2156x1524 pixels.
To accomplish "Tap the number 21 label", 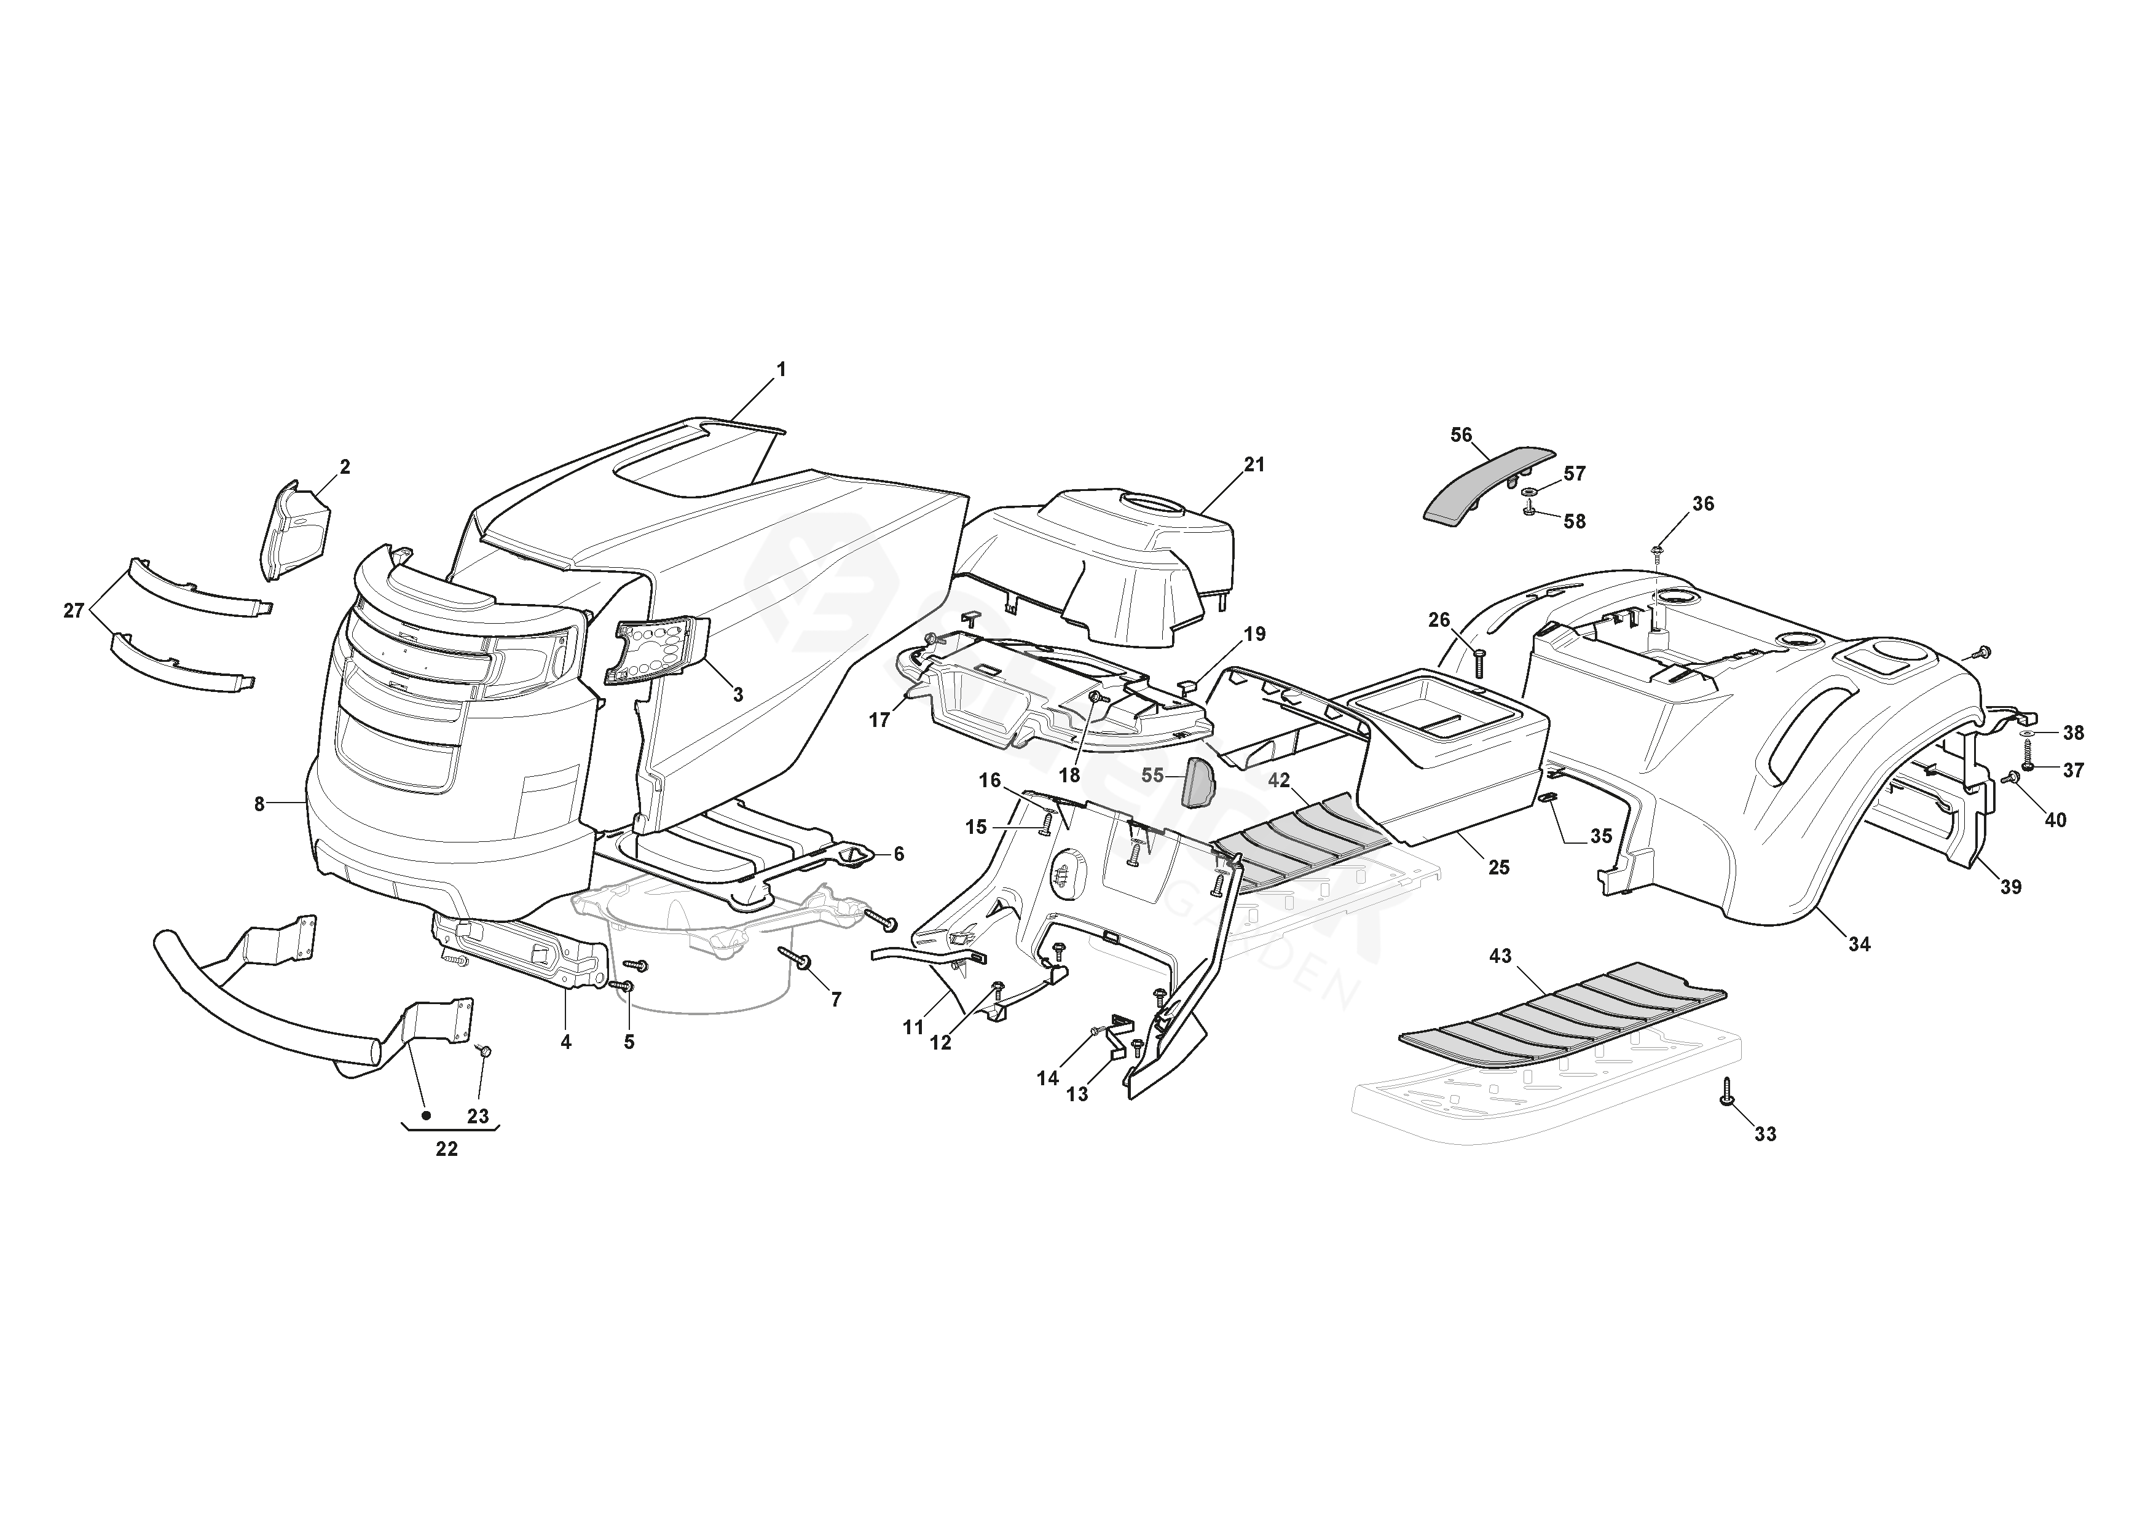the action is pyautogui.click(x=1254, y=465).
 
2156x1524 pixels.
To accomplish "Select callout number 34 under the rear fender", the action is pyautogui.click(x=1859, y=945).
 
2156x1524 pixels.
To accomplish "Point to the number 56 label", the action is pyautogui.click(x=1461, y=434).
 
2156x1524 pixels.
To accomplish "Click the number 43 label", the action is pyautogui.click(x=1501, y=956).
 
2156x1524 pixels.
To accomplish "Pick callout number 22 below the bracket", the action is pyautogui.click(x=447, y=1149).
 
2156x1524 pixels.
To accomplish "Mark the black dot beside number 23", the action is pyautogui.click(x=427, y=1115).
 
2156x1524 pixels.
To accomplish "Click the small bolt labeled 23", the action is pyautogui.click(x=484, y=1051).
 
